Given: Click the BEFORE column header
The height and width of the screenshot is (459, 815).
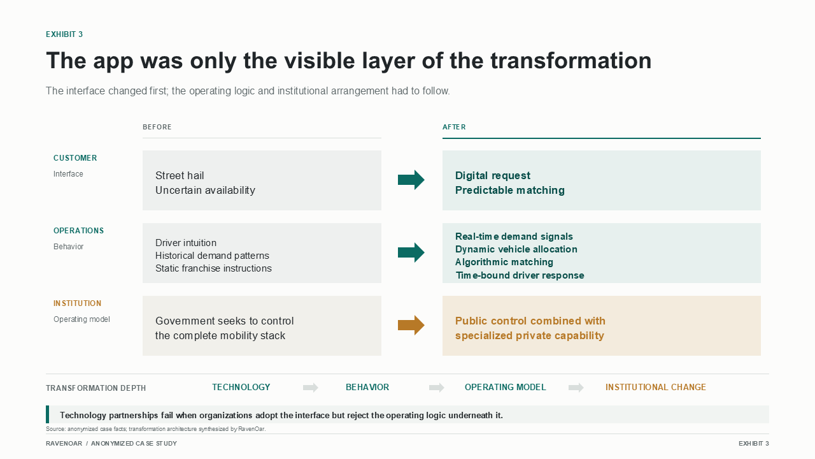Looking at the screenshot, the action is tap(157, 127).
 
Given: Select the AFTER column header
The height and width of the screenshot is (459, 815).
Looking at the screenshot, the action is tap(454, 127).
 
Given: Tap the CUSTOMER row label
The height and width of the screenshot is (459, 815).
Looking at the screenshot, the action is tap(75, 158).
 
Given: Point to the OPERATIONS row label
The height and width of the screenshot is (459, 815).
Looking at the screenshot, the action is tap(78, 231).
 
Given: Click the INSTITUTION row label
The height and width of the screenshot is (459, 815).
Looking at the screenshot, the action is tap(78, 303).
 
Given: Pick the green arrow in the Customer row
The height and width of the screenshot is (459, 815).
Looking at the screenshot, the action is tap(411, 180).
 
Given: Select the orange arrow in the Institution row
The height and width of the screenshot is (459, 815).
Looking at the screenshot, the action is tap(411, 325).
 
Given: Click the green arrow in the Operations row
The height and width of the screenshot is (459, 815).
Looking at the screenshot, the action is tap(411, 252).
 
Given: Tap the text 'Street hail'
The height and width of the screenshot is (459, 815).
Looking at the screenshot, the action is tap(180, 175).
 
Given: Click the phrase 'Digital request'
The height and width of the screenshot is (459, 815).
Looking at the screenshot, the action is tap(493, 175).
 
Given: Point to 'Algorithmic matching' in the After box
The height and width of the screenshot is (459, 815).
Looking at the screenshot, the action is tap(504, 262).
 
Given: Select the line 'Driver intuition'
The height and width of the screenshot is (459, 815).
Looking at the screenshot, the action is tap(185, 243).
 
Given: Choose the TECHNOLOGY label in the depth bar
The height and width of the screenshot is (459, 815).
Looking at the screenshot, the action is tap(241, 387).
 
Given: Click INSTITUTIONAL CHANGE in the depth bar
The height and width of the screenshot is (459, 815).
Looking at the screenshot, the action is tap(656, 387).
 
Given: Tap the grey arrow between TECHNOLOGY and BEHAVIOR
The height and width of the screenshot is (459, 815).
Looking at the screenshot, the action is tap(310, 387).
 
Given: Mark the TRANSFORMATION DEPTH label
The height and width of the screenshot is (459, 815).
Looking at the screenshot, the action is tap(96, 388).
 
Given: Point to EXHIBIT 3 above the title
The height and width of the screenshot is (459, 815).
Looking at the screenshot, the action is tap(64, 34).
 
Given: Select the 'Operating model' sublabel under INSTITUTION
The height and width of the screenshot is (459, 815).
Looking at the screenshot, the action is tap(81, 319).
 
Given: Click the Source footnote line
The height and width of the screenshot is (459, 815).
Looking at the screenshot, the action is tap(156, 429).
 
